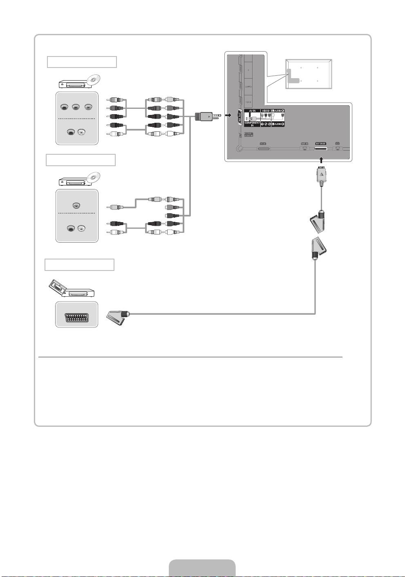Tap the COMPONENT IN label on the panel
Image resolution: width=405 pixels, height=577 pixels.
click(252, 124)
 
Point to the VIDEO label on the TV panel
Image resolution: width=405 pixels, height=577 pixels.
click(266, 111)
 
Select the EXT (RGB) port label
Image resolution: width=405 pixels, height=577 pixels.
click(320, 144)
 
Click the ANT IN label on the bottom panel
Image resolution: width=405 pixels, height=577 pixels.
click(304, 144)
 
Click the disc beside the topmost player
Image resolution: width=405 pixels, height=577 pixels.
click(94, 80)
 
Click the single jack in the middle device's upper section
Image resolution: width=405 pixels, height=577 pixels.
click(76, 206)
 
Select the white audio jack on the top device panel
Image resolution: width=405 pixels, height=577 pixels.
click(82, 132)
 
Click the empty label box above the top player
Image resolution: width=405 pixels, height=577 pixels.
click(82, 62)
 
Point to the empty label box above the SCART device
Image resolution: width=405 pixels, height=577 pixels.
click(79, 265)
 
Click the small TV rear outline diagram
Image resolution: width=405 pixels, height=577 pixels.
click(309, 74)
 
